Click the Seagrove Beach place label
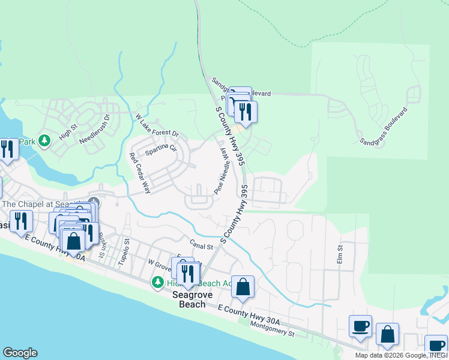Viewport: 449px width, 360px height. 188,299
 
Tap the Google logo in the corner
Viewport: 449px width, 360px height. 20,353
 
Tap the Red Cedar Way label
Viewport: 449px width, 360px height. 140,173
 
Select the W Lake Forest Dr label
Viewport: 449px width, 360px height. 157,125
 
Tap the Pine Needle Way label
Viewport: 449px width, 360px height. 222,171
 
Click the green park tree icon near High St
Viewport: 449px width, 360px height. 44,141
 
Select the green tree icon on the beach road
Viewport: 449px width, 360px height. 158,281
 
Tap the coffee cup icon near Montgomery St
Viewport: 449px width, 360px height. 360,326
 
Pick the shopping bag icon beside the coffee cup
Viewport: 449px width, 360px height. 388,334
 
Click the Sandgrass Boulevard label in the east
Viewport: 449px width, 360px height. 384,126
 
